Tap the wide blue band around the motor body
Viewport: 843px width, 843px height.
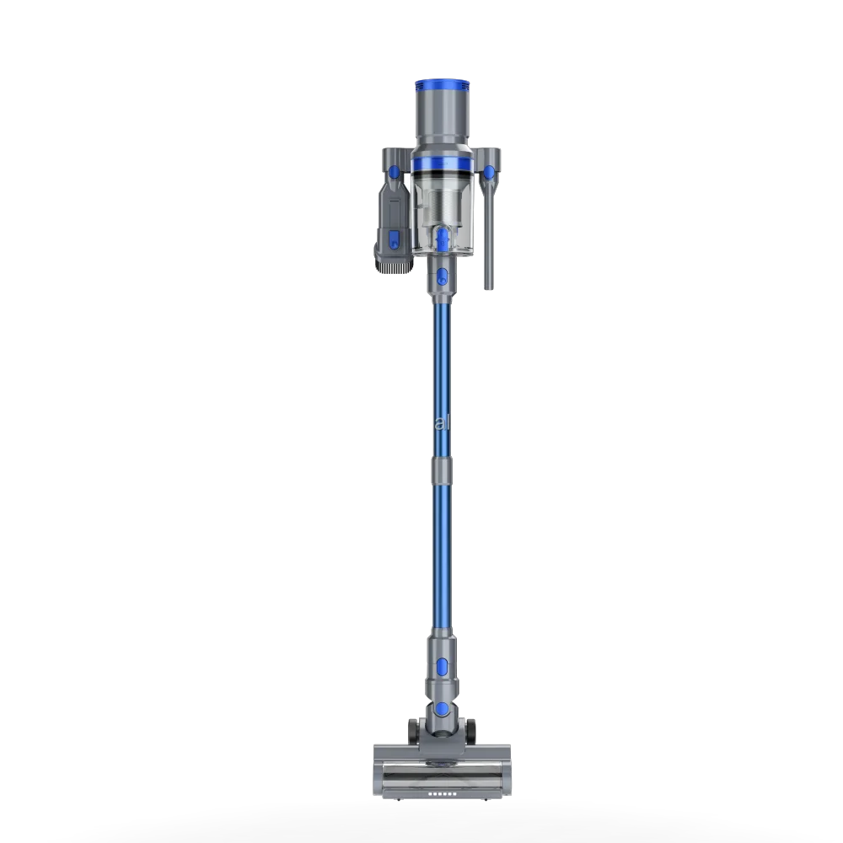pos(442,159)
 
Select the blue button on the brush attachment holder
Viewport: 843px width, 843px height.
pos(395,173)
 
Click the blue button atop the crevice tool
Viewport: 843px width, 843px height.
pos(488,173)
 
